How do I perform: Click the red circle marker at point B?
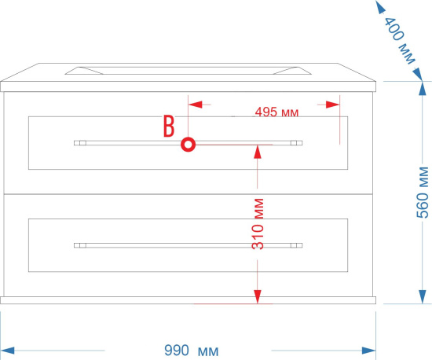coord(189,145)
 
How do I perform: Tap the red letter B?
coord(169,126)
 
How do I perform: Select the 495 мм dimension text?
coord(276,112)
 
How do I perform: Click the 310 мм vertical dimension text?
coord(258,224)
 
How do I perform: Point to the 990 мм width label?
coord(192,351)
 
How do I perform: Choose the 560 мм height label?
coord(423,193)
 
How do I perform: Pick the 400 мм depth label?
coord(399,40)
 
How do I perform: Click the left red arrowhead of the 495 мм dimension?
coord(196,105)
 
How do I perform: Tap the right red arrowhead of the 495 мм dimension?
coord(332,105)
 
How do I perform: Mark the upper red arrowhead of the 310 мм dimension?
coord(258,152)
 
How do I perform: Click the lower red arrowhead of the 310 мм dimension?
coord(258,297)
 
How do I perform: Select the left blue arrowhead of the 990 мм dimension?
coord(8,351)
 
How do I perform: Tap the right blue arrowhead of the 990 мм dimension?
coord(369,351)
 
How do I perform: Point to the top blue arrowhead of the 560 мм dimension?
coord(423,89)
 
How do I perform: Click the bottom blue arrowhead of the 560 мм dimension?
coord(423,297)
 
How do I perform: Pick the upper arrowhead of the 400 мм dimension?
coord(380,6)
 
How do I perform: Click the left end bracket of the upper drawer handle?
coord(80,143)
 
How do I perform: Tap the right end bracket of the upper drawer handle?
coord(296,143)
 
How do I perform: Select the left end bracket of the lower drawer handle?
coord(80,245)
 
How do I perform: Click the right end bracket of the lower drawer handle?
coord(296,245)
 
